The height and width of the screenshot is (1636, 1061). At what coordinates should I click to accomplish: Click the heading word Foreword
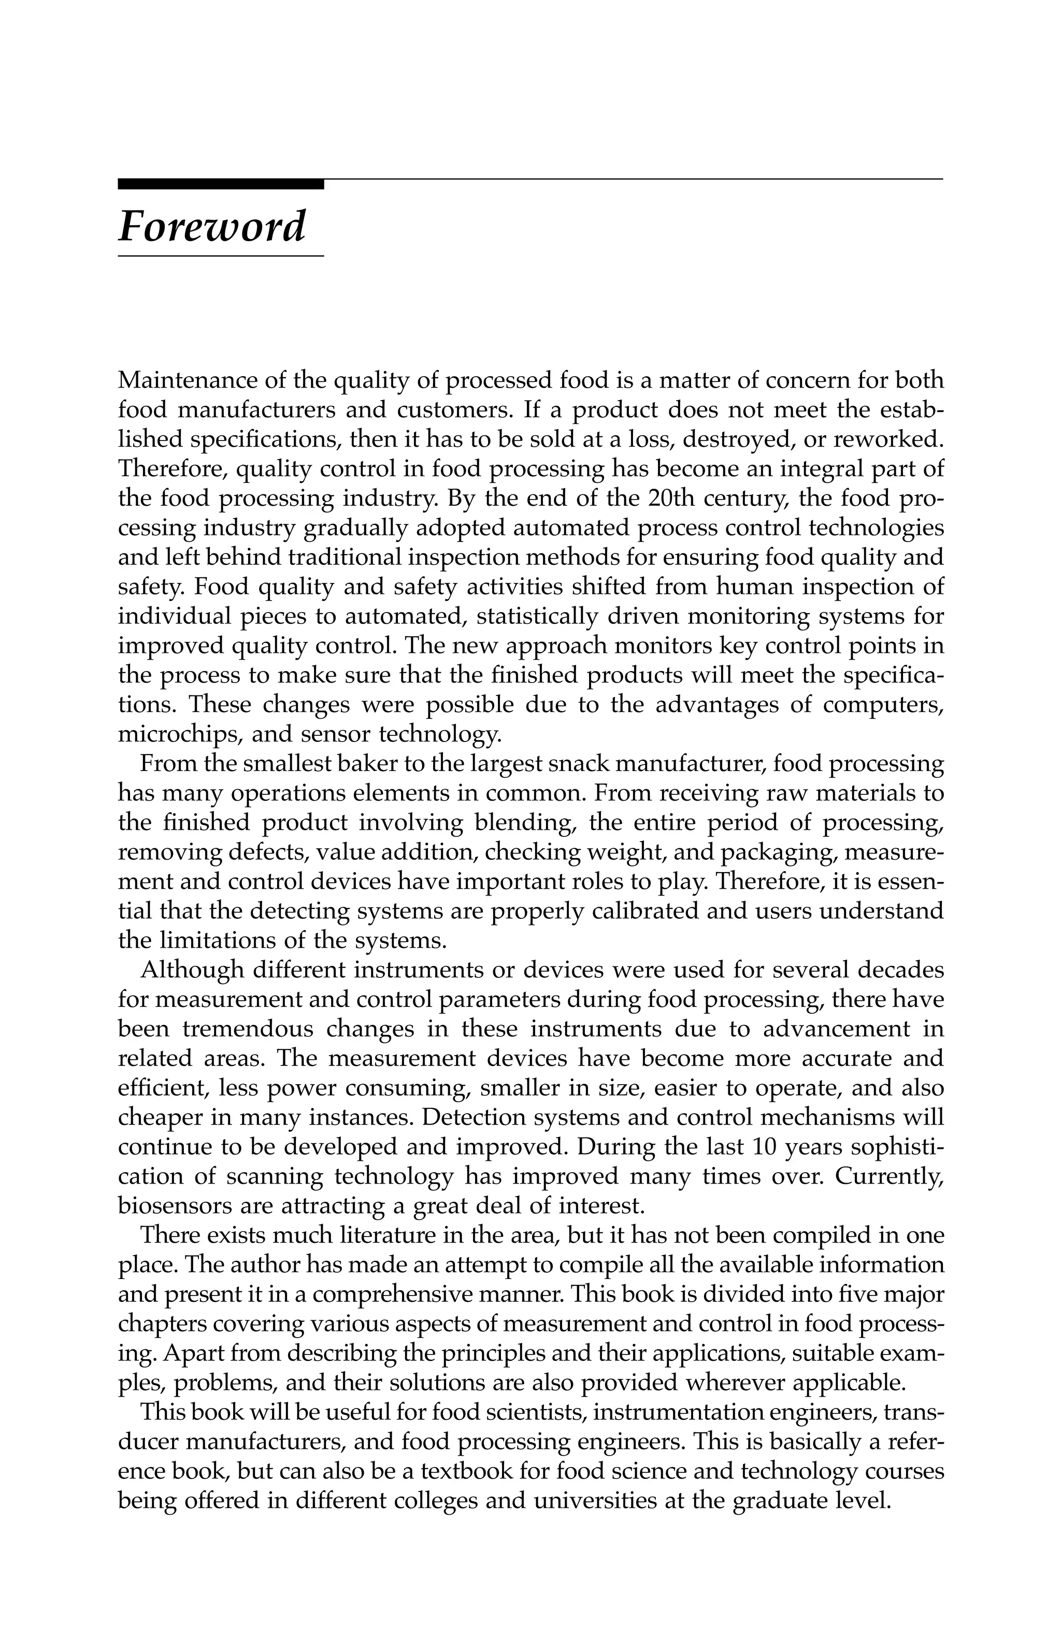[212, 227]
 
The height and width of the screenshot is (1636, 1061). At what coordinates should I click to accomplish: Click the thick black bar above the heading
[220, 183]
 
